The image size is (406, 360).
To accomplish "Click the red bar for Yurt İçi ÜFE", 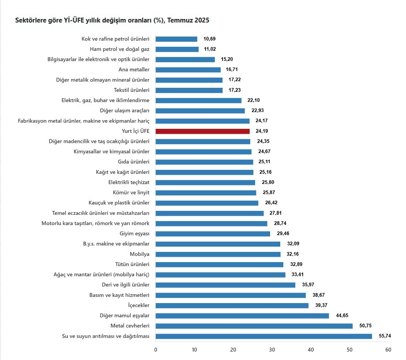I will tap(203, 131).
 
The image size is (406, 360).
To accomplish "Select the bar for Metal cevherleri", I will tap(254, 326).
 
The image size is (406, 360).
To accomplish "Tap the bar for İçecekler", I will tap(232, 305).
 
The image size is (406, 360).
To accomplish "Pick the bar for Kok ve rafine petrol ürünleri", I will tap(177, 39).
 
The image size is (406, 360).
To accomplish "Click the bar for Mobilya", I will tap(218, 254).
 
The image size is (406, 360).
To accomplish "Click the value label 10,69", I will tap(210, 39).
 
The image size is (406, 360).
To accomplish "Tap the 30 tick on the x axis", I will tap(272, 350).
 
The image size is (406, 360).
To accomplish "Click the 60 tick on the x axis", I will tap(388, 350).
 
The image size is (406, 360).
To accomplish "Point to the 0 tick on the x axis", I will tap(156, 350).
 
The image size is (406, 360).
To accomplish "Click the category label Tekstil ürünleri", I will tap(132, 90).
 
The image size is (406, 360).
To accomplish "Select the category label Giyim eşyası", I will tap(135, 233).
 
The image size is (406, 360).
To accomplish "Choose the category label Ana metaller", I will tap(134, 69).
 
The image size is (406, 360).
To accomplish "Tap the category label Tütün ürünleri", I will tap(132, 264).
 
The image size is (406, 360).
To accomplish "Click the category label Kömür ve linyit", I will tap(132, 192).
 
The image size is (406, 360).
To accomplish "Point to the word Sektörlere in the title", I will tap(31, 20).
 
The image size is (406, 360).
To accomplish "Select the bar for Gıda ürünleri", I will tap(205, 162).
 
